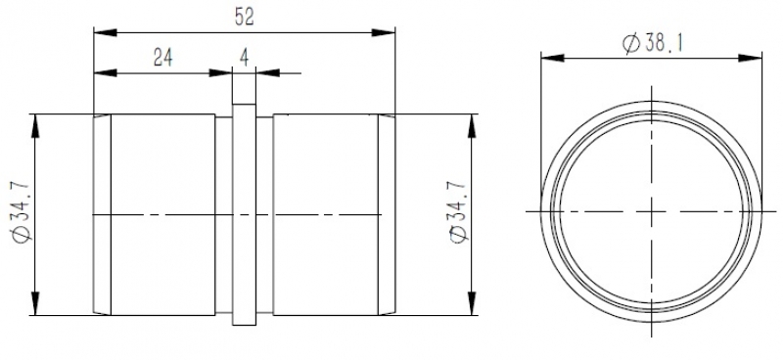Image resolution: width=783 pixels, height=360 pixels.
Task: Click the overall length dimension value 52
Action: tap(244, 18)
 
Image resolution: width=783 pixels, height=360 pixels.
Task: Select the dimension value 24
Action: tap(163, 59)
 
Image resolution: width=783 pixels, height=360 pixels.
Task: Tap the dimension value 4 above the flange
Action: tap(244, 59)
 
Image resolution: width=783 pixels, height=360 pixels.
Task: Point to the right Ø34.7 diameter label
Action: tap(458, 212)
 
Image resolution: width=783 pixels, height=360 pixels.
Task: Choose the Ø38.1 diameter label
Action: tap(653, 43)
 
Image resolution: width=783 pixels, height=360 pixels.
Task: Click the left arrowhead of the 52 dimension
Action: tap(106, 32)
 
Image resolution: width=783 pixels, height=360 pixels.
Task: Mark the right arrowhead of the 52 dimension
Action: tap(384, 32)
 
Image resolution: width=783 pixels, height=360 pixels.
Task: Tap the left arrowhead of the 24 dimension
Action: tap(106, 73)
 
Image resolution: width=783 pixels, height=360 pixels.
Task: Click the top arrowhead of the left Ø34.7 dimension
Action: tap(35, 126)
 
